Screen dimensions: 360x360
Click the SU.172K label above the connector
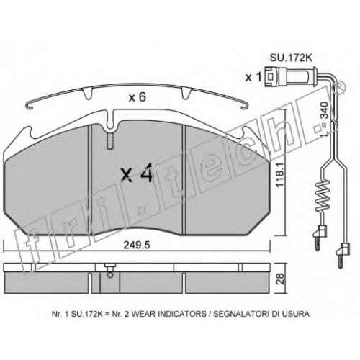pyautogui.click(x=291, y=58)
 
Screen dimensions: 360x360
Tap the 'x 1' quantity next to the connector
pyautogui.click(x=253, y=78)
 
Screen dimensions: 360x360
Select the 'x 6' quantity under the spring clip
pyautogui.click(x=138, y=97)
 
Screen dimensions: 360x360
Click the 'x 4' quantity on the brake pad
pyautogui.click(x=137, y=173)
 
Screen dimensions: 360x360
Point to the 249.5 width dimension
pyautogui.click(x=137, y=246)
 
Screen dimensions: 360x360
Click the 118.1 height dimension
pyautogui.click(x=280, y=174)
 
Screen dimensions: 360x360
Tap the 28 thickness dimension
pyautogui.click(x=280, y=278)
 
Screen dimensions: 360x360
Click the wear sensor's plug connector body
pyautogui.click(x=276, y=77)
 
